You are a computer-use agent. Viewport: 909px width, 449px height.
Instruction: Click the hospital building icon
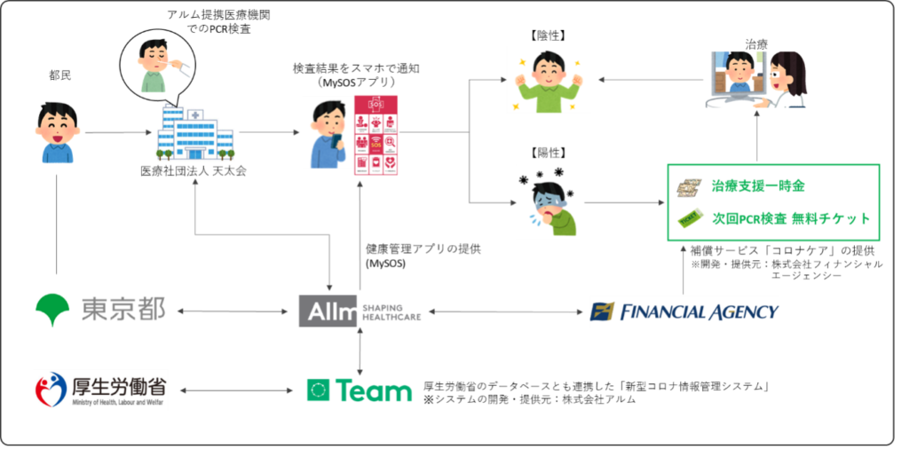195,131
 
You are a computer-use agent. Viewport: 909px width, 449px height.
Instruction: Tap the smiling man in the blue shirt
57,133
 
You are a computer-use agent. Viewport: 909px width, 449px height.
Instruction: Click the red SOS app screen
375,135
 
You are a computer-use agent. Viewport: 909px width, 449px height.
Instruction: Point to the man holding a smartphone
326,132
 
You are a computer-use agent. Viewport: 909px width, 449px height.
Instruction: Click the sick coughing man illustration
549,202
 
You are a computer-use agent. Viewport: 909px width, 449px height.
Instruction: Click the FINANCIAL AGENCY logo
684,311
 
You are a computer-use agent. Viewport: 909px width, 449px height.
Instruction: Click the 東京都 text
123,311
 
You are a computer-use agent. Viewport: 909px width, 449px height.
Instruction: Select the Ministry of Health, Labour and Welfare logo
99,390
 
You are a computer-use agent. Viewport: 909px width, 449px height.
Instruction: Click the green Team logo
359,390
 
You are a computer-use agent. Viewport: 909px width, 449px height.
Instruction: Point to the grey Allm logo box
328,311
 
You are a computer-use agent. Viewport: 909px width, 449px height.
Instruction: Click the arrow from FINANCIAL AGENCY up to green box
684,269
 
